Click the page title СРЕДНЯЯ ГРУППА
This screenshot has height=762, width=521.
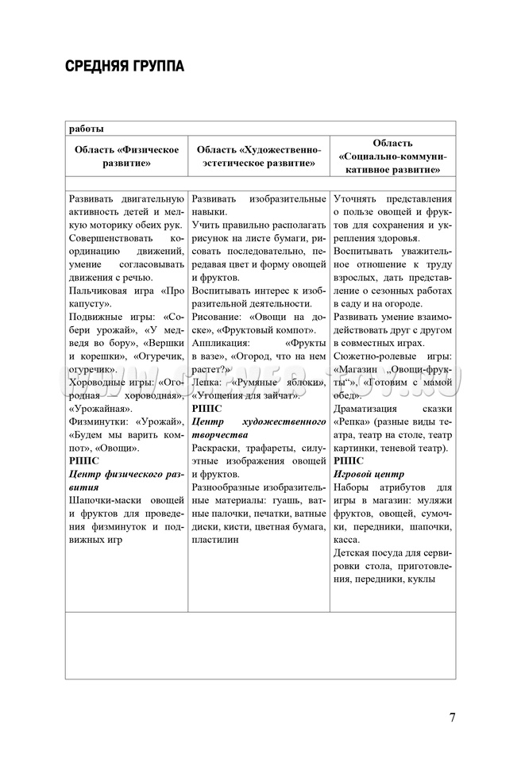coord(125,66)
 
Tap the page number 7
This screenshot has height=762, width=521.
coord(452,718)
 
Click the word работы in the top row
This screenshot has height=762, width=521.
coord(86,129)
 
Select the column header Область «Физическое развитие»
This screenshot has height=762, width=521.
coord(127,156)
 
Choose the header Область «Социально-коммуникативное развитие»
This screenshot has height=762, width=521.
coord(392,156)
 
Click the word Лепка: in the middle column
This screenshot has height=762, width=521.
coord(206,382)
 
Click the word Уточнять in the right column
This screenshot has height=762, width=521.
coord(357,198)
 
